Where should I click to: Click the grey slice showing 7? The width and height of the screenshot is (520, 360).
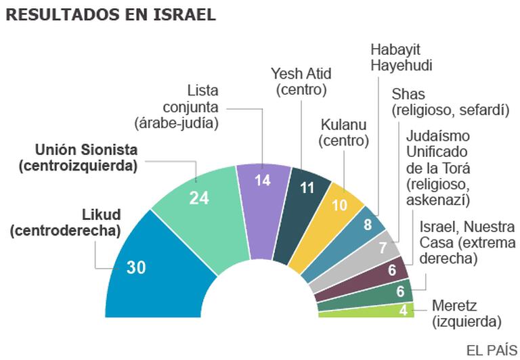click(383, 248)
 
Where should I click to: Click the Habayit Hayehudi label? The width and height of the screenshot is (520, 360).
click(402, 56)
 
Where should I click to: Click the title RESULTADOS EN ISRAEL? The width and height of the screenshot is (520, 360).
click(110, 15)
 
